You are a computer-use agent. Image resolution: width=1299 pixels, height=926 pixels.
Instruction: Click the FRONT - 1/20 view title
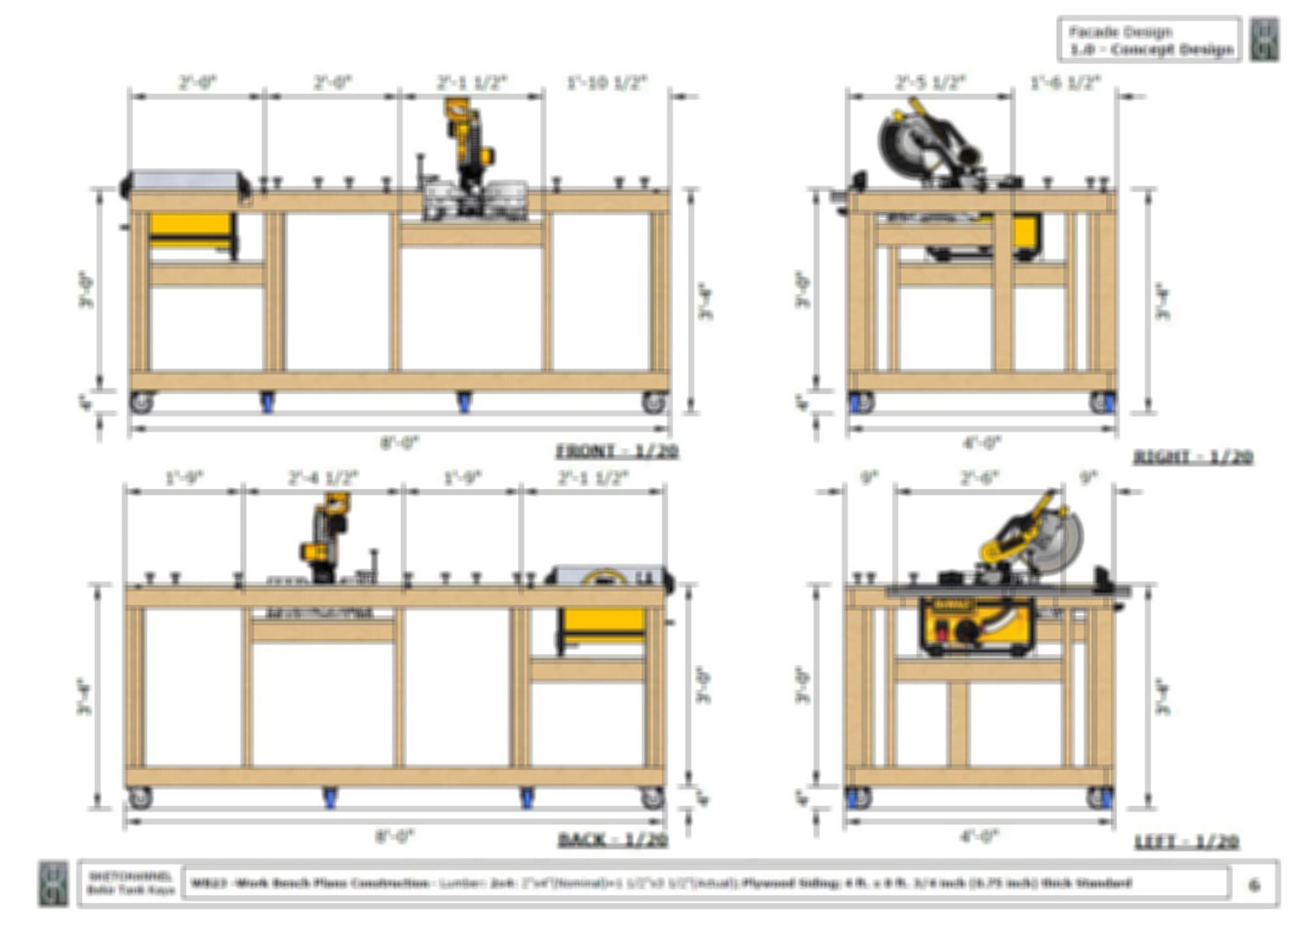click(617, 451)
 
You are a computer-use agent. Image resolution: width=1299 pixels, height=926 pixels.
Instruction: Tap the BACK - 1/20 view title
click(613, 840)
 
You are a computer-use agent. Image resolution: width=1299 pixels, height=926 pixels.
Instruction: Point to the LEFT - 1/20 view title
click(1187, 842)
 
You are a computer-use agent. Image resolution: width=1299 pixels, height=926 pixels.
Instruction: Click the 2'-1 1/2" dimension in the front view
click(471, 83)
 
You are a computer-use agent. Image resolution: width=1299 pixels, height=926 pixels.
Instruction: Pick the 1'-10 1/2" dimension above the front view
click(607, 83)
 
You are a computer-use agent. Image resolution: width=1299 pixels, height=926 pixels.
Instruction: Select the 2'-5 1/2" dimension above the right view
click(930, 83)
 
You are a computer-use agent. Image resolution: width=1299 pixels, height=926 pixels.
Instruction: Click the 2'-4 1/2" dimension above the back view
click(323, 478)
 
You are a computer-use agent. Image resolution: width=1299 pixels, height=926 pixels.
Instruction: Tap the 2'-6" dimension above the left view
click(979, 478)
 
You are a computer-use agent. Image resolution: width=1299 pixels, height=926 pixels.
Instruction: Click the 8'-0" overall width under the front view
click(399, 443)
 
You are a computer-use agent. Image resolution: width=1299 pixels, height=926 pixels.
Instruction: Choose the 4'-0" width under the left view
click(979, 837)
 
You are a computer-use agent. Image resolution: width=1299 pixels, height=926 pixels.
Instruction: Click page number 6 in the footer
click(1254, 885)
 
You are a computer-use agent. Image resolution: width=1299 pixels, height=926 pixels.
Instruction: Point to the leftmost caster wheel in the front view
click(141, 402)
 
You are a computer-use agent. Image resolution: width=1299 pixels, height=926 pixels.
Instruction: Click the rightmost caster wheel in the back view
click(653, 798)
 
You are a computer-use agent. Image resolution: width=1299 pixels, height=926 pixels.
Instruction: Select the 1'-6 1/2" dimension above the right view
click(1065, 83)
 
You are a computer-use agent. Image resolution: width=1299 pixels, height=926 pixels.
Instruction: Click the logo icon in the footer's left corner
click(53, 884)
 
